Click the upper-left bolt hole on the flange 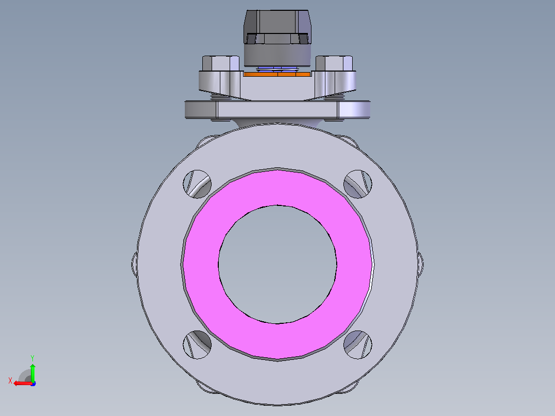(x=197, y=184)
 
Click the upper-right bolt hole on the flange (x=358, y=184)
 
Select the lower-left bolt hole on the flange (x=197, y=344)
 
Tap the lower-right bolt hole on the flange (x=358, y=344)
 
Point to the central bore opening (x=277, y=265)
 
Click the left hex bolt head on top (x=220, y=63)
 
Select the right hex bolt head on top (x=334, y=63)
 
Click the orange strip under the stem (x=277, y=74)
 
